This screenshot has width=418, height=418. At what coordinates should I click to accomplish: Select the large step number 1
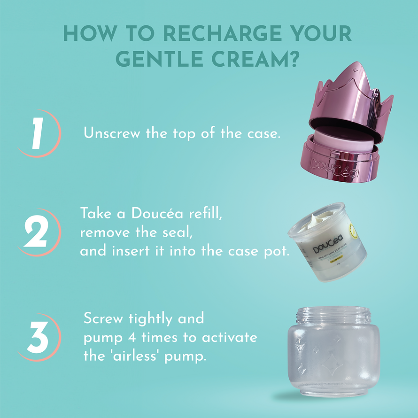pyautogui.click(x=37, y=133)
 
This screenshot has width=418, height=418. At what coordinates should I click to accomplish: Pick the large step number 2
pyautogui.click(x=36, y=232)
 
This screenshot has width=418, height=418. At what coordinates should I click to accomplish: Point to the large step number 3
pyautogui.click(x=38, y=337)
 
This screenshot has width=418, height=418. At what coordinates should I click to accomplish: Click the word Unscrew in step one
pyautogui.click(x=112, y=133)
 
